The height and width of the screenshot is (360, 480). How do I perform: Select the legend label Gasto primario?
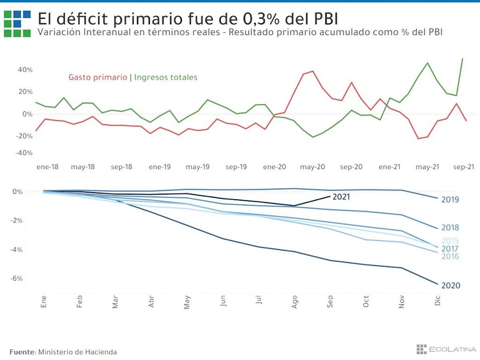tap(97, 77)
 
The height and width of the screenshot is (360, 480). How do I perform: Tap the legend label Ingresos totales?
tap(166, 77)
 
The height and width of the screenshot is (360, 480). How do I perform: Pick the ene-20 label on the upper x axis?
tap(274, 167)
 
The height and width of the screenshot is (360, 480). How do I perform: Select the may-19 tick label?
tap(197, 167)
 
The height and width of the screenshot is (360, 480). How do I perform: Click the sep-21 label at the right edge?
tap(464, 167)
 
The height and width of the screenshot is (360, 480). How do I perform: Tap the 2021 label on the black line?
tap(341, 197)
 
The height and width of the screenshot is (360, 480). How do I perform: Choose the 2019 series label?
tap(450, 200)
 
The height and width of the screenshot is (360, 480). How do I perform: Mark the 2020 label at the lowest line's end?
tap(450, 285)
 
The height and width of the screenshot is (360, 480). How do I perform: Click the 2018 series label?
tap(450, 228)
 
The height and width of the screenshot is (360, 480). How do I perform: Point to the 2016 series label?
tap(450, 256)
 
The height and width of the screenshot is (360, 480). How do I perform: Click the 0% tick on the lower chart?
tap(17, 192)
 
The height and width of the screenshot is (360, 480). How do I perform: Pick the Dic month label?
tap(438, 302)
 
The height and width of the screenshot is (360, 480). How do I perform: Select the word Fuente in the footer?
tap(22, 352)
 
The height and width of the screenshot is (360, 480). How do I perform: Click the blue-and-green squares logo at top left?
tap(17, 23)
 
